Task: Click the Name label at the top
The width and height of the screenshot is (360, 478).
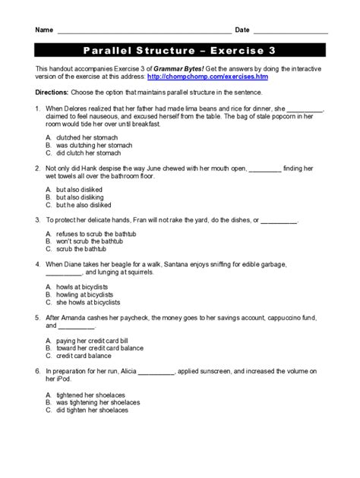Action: click(x=44, y=30)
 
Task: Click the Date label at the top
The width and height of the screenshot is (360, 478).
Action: click(x=242, y=30)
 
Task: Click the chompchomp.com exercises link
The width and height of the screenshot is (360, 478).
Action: click(x=207, y=77)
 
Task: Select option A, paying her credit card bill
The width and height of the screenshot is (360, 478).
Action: click(x=94, y=341)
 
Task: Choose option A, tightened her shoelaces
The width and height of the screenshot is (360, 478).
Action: click(x=87, y=395)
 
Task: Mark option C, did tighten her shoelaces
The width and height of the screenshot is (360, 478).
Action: click(x=91, y=410)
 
